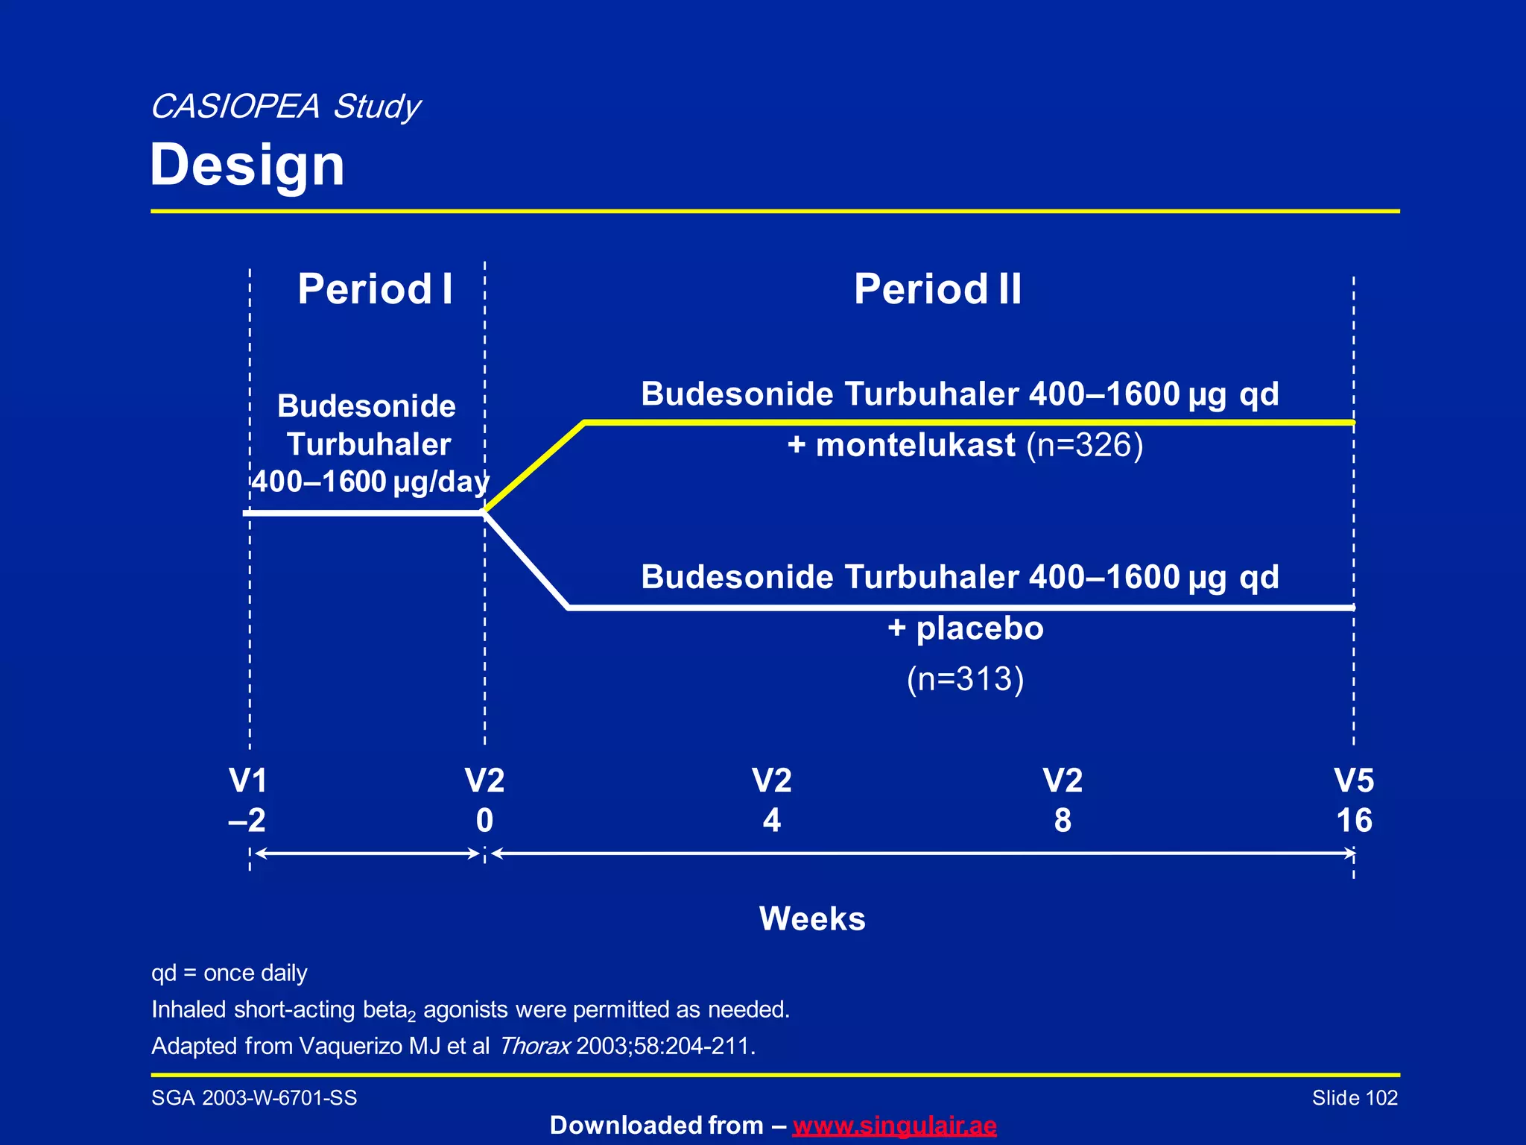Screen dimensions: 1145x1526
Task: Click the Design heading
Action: [x=247, y=165]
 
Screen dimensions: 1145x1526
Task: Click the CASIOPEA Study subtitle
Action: [x=285, y=107]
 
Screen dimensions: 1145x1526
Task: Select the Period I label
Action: [x=375, y=289]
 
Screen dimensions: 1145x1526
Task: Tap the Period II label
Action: [x=937, y=289]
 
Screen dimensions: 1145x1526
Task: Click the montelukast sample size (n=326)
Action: [x=1084, y=445]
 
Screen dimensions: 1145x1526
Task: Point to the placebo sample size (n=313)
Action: [x=965, y=679]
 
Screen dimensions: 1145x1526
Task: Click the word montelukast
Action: [x=915, y=445]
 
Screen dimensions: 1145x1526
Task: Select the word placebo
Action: [x=979, y=628]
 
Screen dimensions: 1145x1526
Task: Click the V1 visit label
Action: [x=248, y=781]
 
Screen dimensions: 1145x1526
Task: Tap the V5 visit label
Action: [x=1354, y=781]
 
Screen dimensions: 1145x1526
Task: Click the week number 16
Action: [x=1354, y=821]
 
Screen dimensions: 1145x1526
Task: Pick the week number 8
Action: [x=1063, y=821]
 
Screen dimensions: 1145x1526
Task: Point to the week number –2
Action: [x=247, y=821]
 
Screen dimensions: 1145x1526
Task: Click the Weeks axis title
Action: [x=812, y=918]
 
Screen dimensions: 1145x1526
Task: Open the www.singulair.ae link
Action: [x=894, y=1125]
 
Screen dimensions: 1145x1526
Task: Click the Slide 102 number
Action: [x=1354, y=1098]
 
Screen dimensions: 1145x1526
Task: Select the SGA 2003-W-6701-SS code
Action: [x=254, y=1098]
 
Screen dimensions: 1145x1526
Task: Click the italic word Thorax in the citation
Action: [x=534, y=1046]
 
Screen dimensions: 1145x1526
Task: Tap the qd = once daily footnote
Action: [x=229, y=973]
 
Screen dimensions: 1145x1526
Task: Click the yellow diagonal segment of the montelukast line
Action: [x=534, y=467]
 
